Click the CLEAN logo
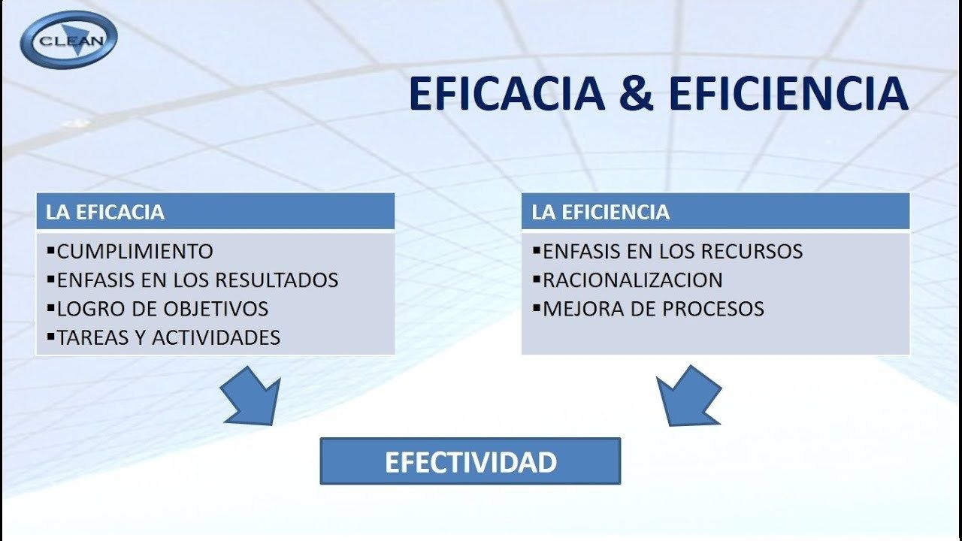68,40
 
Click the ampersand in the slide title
637,93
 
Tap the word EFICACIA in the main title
507,93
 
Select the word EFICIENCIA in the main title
788,93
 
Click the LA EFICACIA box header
215,211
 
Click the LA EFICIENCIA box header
715,211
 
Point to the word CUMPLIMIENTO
135,252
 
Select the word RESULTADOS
277,280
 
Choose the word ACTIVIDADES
216,337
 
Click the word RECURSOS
752,252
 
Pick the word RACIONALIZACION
633,280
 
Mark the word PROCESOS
713,309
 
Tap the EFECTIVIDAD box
470,461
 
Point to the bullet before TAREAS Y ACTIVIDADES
50,336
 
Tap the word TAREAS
92,337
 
